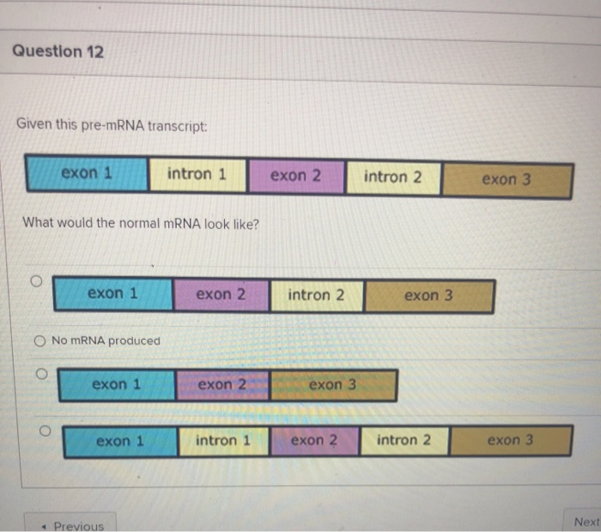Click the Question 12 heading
point(58,51)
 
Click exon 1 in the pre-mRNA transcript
point(87,173)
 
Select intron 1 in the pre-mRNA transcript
point(197,174)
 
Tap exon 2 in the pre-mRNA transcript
point(295,176)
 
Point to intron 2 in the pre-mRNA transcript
point(393,178)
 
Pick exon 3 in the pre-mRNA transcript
point(507,180)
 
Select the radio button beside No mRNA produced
point(39,341)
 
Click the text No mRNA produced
point(106,341)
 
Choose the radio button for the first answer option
point(36,281)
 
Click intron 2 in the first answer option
point(317,295)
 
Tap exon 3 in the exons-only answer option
point(332,385)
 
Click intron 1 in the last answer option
point(223,441)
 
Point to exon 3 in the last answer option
point(510,441)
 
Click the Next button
point(586,521)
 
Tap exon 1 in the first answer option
point(112,293)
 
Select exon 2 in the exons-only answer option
point(222,384)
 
